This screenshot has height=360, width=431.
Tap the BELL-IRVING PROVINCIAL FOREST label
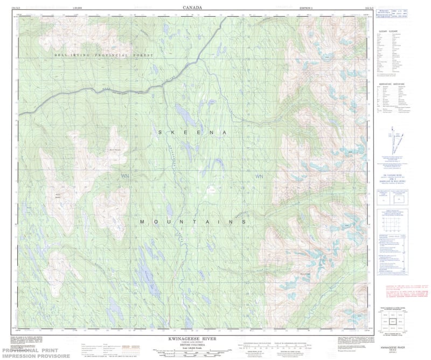click(103, 56)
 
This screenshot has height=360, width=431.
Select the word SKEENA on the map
click(192, 132)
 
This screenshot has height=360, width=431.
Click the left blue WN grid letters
click(126, 176)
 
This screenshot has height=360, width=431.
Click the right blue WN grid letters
click(260, 176)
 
